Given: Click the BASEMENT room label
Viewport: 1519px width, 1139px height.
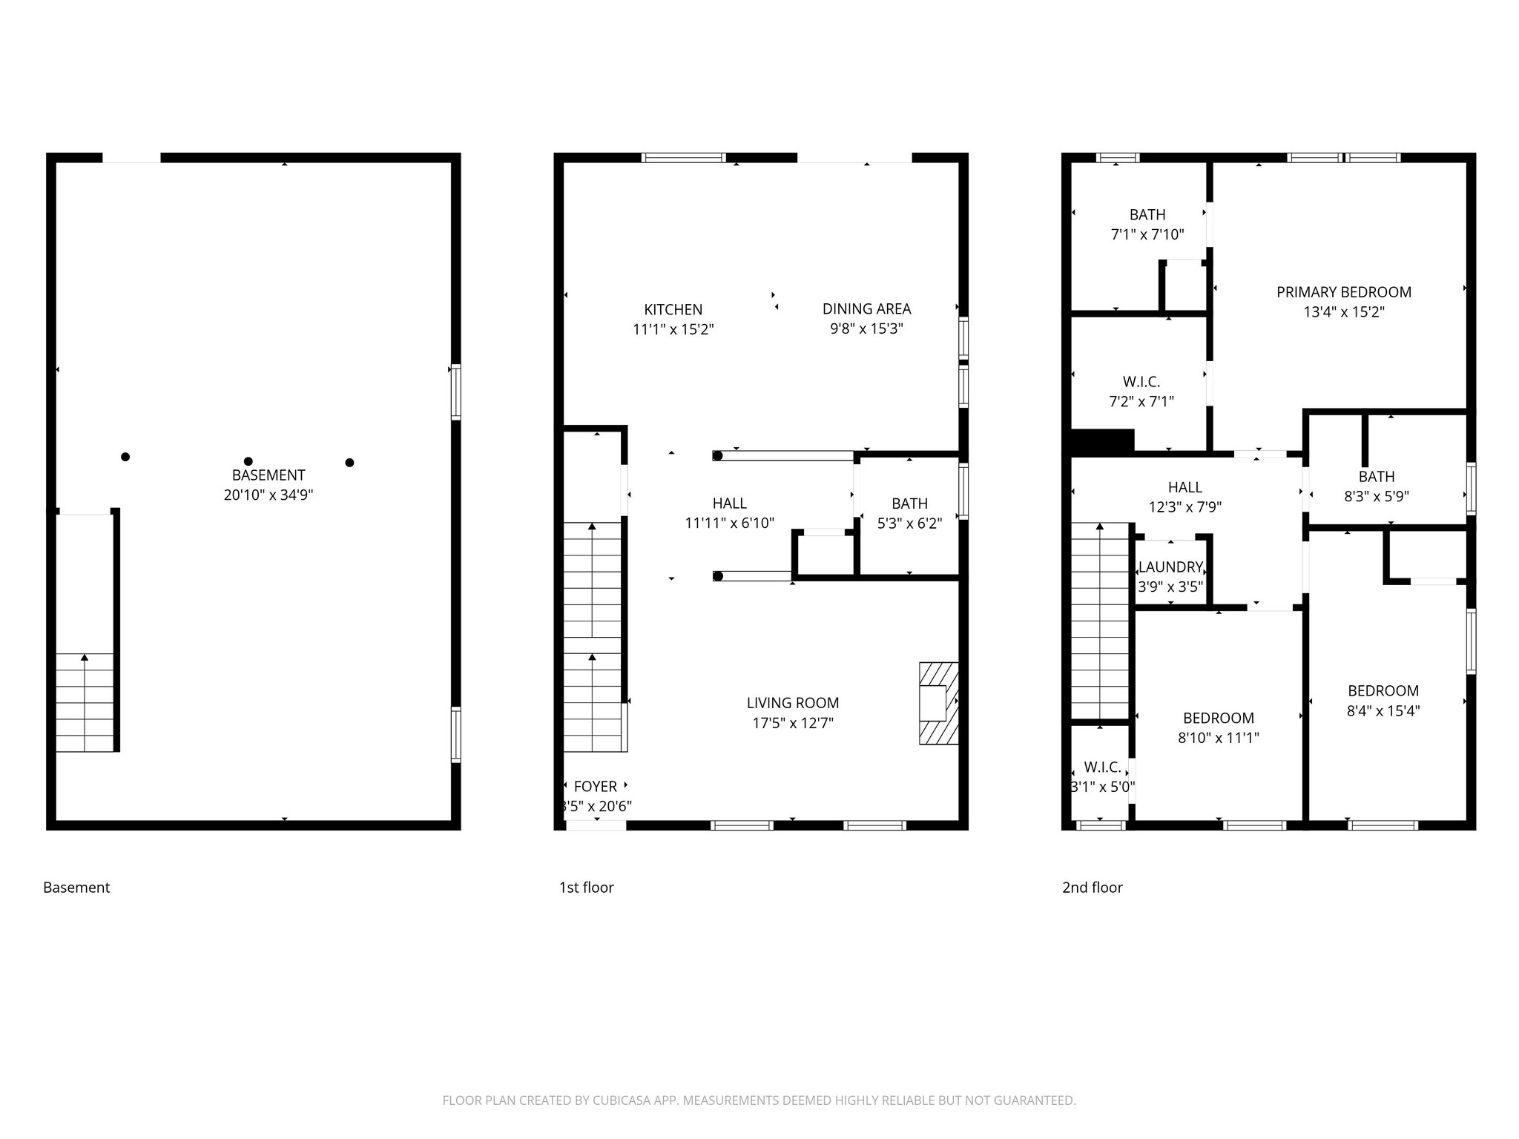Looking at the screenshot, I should [x=268, y=475].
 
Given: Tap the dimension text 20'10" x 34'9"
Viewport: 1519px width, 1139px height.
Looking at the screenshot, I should [x=268, y=495].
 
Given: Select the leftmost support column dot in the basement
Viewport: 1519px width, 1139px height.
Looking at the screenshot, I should [x=125, y=457].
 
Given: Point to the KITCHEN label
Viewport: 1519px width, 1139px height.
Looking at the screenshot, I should [x=673, y=310].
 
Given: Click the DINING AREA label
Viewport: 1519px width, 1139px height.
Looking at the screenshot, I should [x=866, y=309].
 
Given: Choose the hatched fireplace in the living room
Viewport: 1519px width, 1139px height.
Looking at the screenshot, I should [x=938, y=703].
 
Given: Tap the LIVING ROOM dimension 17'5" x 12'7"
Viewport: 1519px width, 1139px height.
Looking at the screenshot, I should [x=793, y=723].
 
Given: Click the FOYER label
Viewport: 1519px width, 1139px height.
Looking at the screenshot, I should [x=595, y=787].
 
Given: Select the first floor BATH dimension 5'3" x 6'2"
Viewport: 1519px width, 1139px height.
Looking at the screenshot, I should [x=909, y=524].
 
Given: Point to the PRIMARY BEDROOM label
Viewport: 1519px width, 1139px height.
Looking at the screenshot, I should [x=1343, y=292].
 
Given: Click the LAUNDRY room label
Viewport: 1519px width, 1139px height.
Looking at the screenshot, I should [x=1170, y=567].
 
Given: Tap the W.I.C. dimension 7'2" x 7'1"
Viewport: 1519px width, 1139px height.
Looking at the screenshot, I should [x=1141, y=402].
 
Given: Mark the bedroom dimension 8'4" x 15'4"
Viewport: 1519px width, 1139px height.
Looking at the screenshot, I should [x=1383, y=711].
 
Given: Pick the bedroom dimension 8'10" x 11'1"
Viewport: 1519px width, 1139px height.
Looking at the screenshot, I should [x=1218, y=738].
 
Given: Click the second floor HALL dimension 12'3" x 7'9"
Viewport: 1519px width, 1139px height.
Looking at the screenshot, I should [x=1184, y=507].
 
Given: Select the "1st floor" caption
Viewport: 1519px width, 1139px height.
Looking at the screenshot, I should [x=586, y=888].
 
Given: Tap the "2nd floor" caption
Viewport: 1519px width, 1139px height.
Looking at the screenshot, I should [x=1092, y=888].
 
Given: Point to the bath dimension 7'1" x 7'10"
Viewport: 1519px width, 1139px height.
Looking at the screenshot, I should [x=1147, y=235].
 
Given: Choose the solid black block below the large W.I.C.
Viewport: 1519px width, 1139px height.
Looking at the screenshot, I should [x=1102, y=440].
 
